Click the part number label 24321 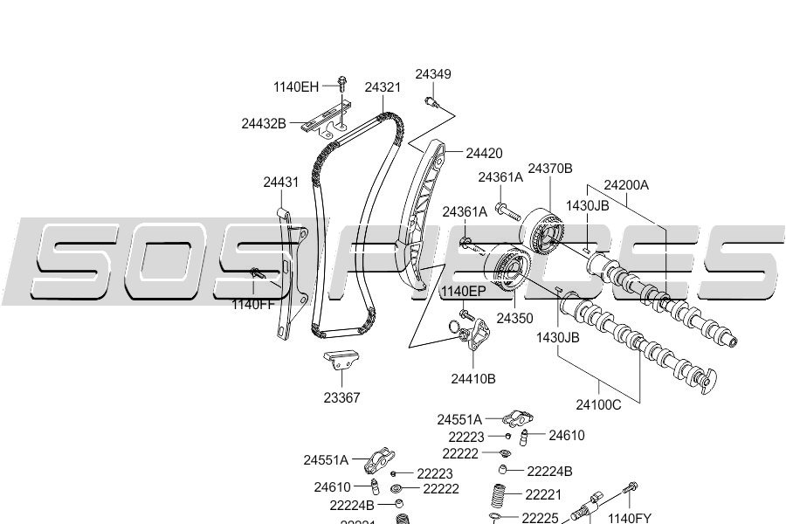point(383,87)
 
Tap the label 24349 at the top point(433,74)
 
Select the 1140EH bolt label point(296,86)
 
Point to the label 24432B point(264,124)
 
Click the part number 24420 point(484,154)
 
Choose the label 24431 point(281,183)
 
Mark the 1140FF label point(252,305)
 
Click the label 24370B point(550,168)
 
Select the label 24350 point(514,319)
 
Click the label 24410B point(473,378)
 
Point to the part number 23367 point(341,397)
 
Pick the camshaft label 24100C point(598,404)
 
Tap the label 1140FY point(630,518)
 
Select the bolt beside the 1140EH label point(341,85)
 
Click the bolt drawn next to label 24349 point(431,102)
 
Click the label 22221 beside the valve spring point(543,494)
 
